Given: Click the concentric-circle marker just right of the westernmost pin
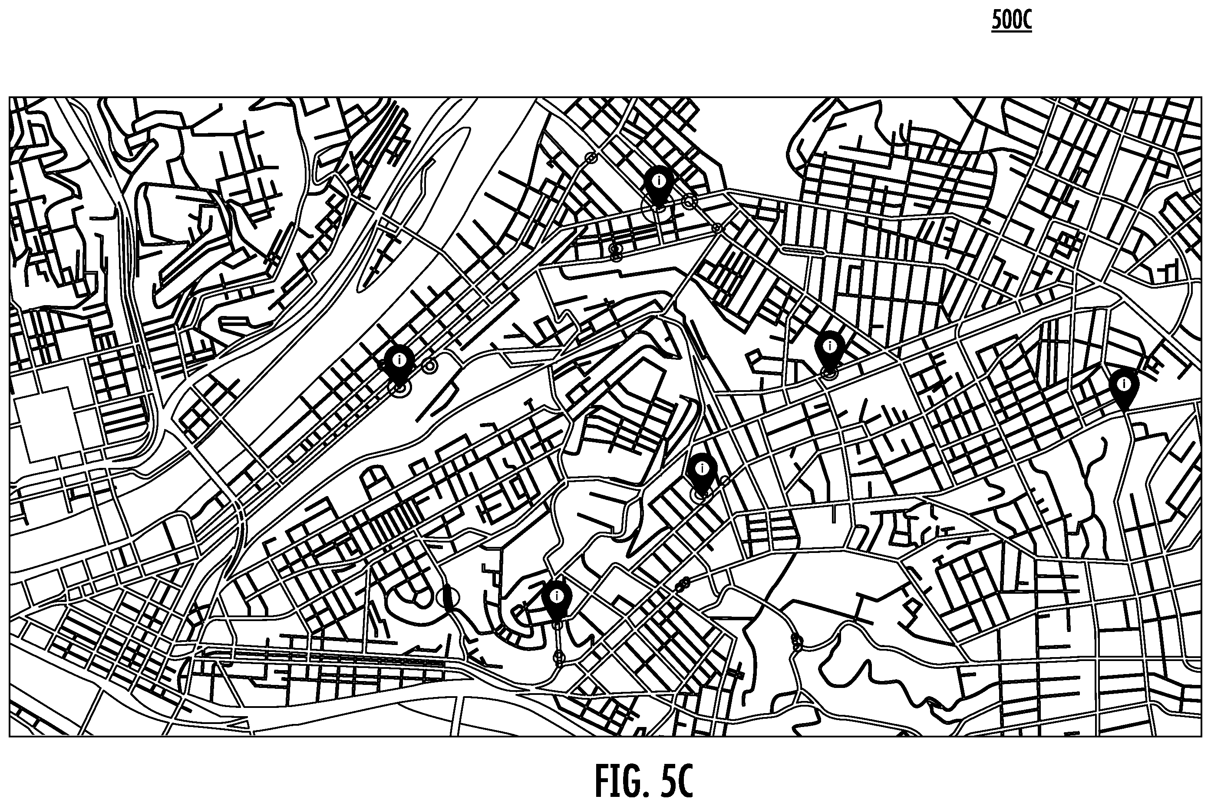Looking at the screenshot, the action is (430, 366).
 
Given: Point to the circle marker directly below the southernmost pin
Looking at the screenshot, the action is (558, 657).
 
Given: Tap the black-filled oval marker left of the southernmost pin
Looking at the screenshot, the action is (449, 599).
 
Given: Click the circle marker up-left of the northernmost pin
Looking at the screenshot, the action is (591, 158).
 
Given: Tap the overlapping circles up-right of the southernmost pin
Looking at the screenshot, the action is (683, 583).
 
